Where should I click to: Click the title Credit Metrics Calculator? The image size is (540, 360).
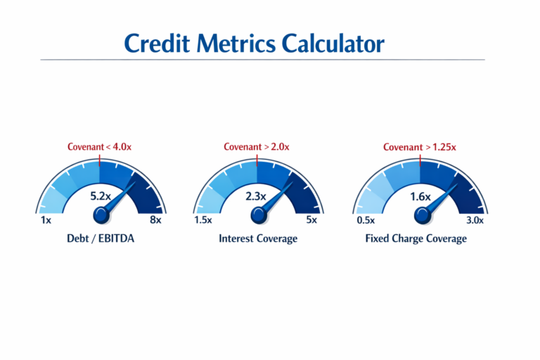[255, 43]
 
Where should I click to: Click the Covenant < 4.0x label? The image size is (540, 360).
[99, 147]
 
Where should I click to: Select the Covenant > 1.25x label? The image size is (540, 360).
[419, 147]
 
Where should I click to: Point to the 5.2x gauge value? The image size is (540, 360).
[101, 196]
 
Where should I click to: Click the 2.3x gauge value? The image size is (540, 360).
[255, 196]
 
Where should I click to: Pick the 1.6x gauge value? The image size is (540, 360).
[420, 197]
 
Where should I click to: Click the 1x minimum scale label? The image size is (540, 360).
[46, 220]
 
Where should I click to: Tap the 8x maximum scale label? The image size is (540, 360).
[155, 220]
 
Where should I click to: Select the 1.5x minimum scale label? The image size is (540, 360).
[203, 220]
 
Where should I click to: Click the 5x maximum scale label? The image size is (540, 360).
[311, 220]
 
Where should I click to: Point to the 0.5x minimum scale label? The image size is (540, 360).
[366, 220]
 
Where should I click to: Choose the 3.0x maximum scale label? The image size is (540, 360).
[475, 220]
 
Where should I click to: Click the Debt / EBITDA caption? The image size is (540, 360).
[101, 238]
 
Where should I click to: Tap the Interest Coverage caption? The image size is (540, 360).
[257, 238]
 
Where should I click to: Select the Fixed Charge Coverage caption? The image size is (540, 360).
[416, 238]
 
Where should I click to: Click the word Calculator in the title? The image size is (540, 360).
[333, 43]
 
